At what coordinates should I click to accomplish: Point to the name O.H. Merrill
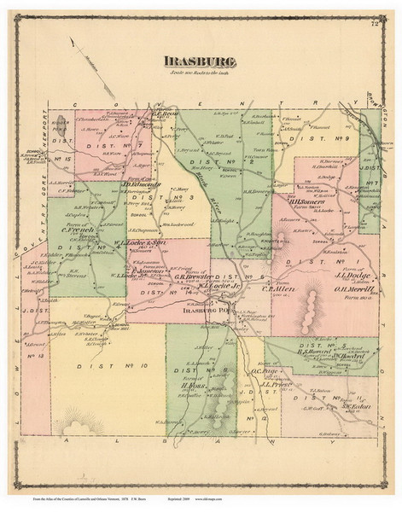[x=341, y=288]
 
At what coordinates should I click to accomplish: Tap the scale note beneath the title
[x=201, y=75]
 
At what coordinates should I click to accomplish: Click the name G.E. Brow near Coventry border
[x=162, y=112]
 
